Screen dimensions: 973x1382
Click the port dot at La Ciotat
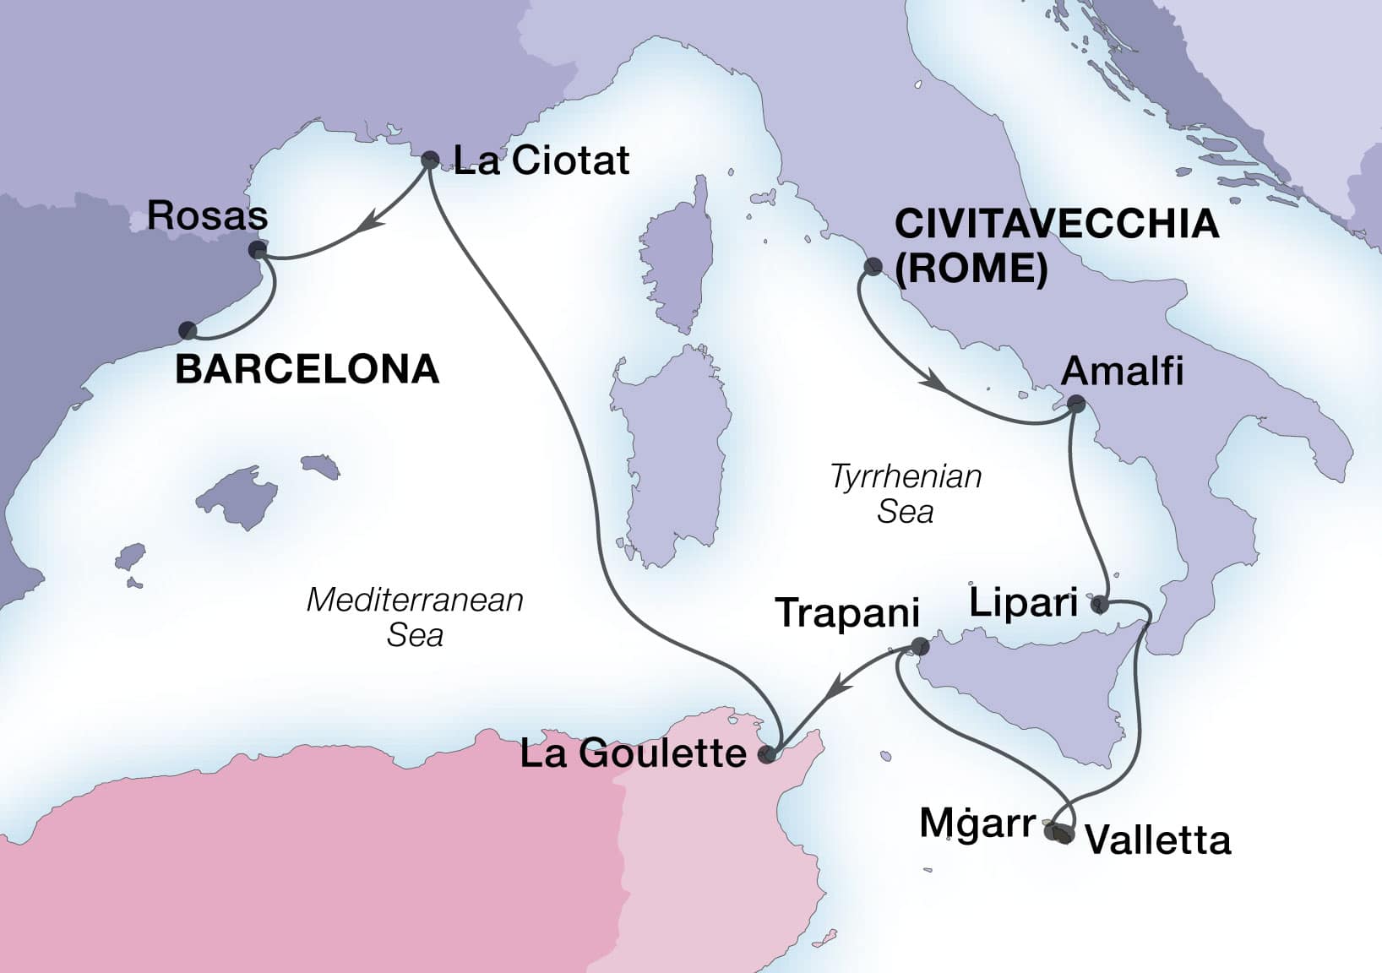(430, 159)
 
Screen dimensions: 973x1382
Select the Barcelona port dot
(188, 330)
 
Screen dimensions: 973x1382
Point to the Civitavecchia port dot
(873, 268)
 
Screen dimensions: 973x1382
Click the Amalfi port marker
(1075, 404)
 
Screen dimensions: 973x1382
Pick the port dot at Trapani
(920, 648)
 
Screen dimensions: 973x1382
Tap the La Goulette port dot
(766, 755)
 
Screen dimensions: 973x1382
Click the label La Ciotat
(541, 160)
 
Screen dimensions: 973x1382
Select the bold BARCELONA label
(307, 369)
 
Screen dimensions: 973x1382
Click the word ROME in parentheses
(971, 269)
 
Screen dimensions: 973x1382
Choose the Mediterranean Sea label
(415, 617)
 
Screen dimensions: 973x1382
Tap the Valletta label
(1157, 840)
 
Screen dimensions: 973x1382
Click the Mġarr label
(977, 824)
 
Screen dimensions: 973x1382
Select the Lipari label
(1023, 603)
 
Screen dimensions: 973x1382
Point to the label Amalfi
(1122, 371)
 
